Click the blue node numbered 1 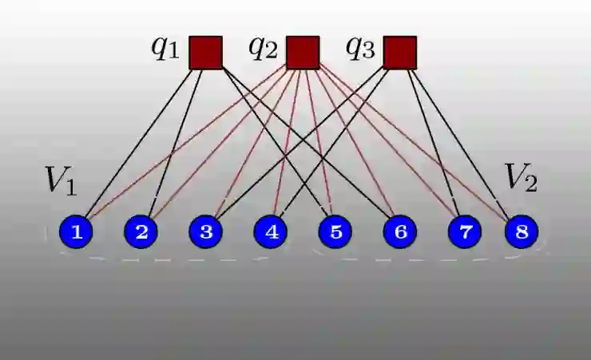tap(77, 232)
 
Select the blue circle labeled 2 tap(141, 232)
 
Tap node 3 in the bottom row tap(206, 232)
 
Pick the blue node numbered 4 tap(271, 232)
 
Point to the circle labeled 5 tap(335, 232)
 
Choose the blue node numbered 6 tap(400, 232)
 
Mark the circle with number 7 tap(465, 232)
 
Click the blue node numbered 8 tap(522, 232)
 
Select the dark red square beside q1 tap(205, 53)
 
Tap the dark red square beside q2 tap(303, 53)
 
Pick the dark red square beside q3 tap(399, 53)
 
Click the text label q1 tap(165, 48)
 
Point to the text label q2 tap(263, 48)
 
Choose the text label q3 tap(359, 48)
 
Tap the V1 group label tap(61, 180)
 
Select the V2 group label tap(520, 178)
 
